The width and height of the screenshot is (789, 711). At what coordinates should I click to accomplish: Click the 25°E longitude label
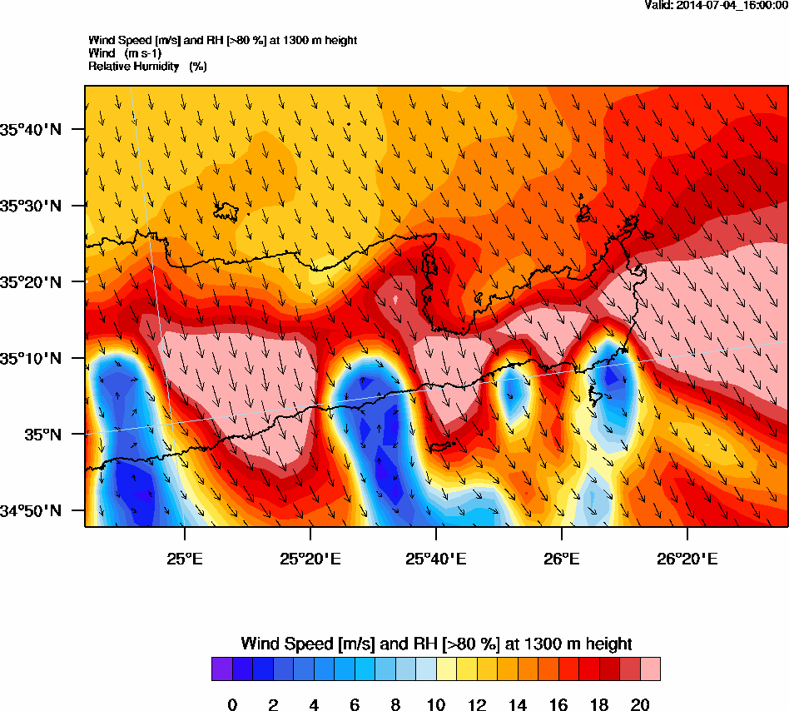pyautogui.click(x=184, y=537)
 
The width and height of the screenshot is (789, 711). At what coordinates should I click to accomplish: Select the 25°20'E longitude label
pyautogui.click(x=310, y=537)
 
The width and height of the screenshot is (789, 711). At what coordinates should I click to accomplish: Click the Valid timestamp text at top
pyautogui.click(x=717, y=5)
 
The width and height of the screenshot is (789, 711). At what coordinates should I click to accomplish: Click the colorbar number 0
pyautogui.click(x=232, y=705)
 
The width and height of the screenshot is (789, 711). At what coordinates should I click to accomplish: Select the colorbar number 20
pyautogui.click(x=640, y=705)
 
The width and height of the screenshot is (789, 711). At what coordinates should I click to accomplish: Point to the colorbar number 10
pyautogui.click(x=436, y=705)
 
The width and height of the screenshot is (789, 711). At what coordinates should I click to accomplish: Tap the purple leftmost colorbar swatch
pyautogui.click(x=221, y=669)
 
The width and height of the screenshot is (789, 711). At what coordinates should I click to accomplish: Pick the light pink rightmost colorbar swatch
pyautogui.click(x=650, y=669)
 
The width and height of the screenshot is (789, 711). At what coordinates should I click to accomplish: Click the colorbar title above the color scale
pyautogui.click(x=436, y=644)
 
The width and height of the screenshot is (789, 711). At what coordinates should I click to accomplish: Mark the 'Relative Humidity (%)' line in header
pyautogui.click(x=147, y=66)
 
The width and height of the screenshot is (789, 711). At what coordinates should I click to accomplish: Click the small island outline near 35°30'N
pyautogui.click(x=226, y=211)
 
